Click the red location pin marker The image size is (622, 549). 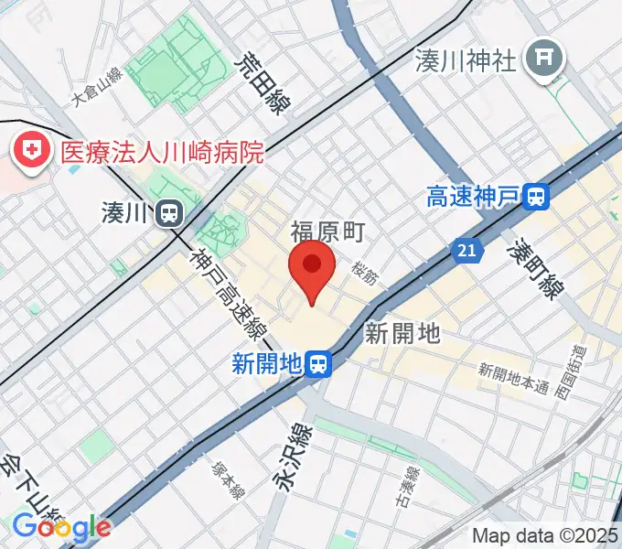[x=312, y=267]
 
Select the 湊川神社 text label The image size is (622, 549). [x=466, y=60]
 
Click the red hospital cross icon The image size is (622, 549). [x=31, y=152]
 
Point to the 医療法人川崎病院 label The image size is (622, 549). [x=162, y=151]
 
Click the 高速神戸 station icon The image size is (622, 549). [x=537, y=196]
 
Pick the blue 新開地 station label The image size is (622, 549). [x=266, y=364]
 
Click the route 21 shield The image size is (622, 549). [x=467, y=250]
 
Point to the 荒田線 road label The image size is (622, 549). [x=261, y=82]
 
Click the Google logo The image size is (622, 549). [x=60, y=526]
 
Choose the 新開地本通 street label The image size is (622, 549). [x=513, y=373]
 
